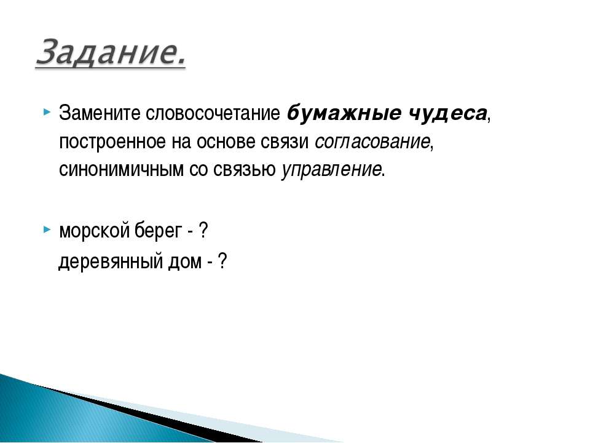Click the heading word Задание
click(x=111, y=52)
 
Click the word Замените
click(x=100, y=113)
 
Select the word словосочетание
click(x=213, y=113)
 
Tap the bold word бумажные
click(x=344, y=113)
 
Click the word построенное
click(x=112, y=142)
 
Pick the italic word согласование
click(x=372, y=142)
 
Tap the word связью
click(x=245, y=170)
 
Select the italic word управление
click(x=331, y=170)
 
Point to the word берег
click(x=159, y=230)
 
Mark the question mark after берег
click(x=203, y=230)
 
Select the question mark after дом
click(x=222, y=261)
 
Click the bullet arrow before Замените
click(x=47, y=112)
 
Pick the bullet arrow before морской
click(x=47, y=229)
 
